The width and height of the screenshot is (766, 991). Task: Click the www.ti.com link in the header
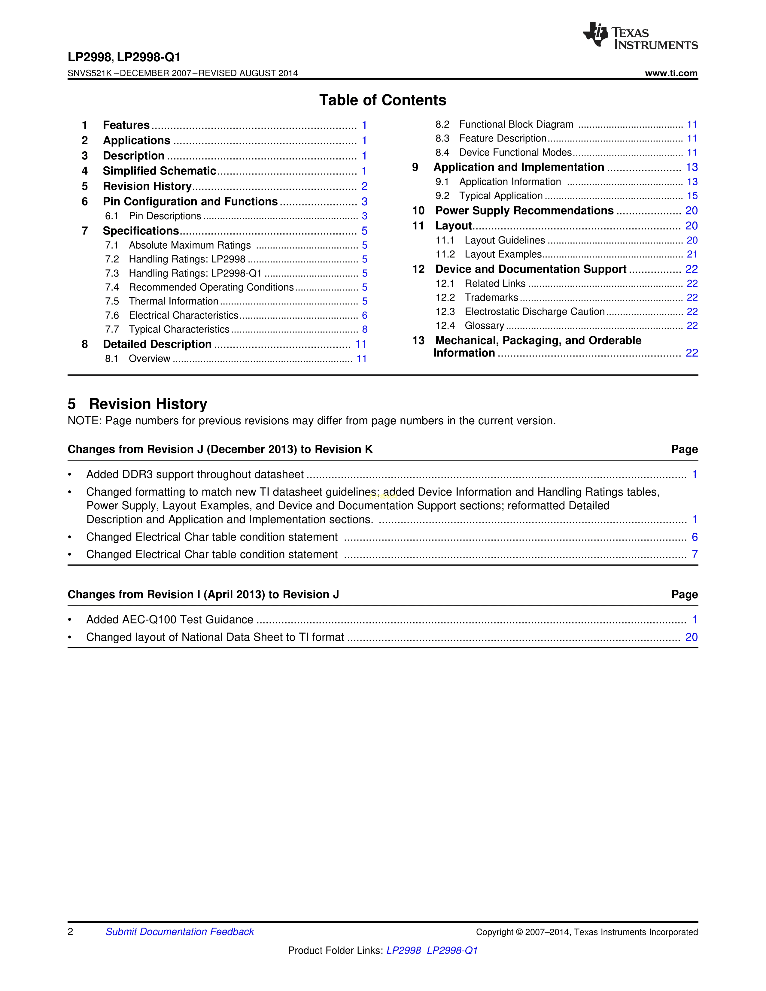tap(671, 73)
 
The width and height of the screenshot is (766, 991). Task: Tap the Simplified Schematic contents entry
tap(159, 171)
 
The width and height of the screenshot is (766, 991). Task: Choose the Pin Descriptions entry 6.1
tap(165, 216)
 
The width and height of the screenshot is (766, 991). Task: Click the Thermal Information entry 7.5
tap(173, 301)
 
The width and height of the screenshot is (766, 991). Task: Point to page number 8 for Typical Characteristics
tap(364, 329)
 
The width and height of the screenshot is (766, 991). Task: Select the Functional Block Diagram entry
tap(516, 124)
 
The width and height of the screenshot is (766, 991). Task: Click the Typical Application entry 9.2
tap(500, 195)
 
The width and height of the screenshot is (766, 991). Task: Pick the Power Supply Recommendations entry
tap(524, 211)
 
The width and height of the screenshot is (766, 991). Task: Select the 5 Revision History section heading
tap(138, 404)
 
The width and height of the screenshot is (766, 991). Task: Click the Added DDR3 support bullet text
tap(195, 474)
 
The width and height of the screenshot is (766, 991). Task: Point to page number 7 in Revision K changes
tap(694, 554)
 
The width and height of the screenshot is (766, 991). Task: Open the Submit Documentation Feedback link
tap(180, 932)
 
